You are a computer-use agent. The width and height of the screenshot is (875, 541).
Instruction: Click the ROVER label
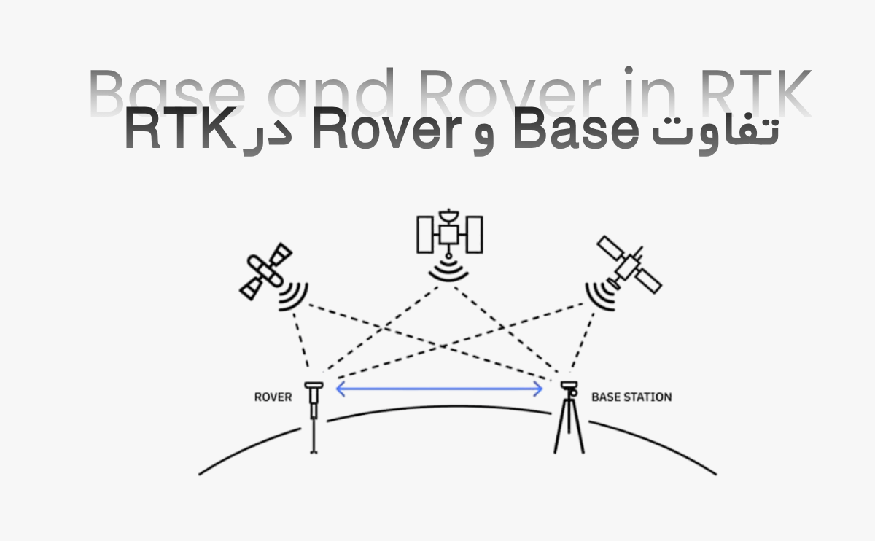tap(273, 397)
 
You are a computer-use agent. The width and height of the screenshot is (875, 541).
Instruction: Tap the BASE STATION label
tap(631, 397)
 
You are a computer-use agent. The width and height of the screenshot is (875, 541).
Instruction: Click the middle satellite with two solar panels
tap(449, 233)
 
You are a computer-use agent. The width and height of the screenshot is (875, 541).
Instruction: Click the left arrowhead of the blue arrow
tap(340, 389)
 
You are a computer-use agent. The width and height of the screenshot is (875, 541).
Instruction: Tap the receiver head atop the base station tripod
tap(569, 386)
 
